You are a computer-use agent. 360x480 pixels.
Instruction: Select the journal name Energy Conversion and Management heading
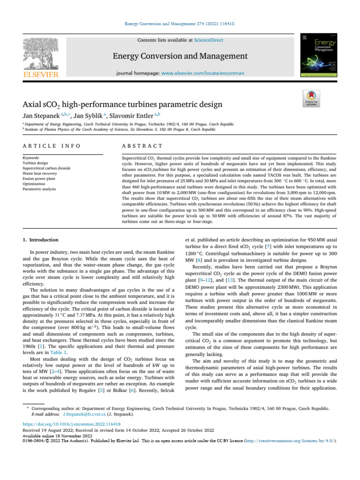click(180, 56)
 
